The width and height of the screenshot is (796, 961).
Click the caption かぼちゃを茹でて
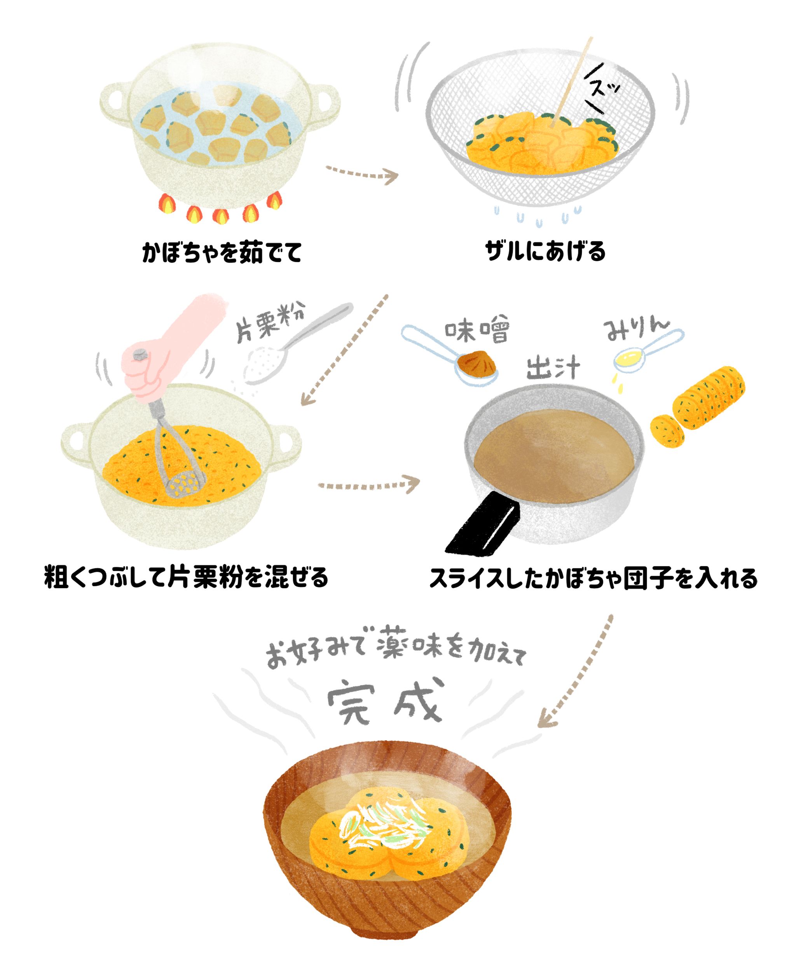pyautogui.click(x=222, y=252)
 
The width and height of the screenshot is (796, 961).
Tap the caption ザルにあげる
pyautogui.click(x=545, y=251)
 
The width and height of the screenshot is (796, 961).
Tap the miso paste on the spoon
pyautogui.click(x=477, y=363)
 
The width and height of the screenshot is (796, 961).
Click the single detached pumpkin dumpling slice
pyautogui.click(x=667, y=430)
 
